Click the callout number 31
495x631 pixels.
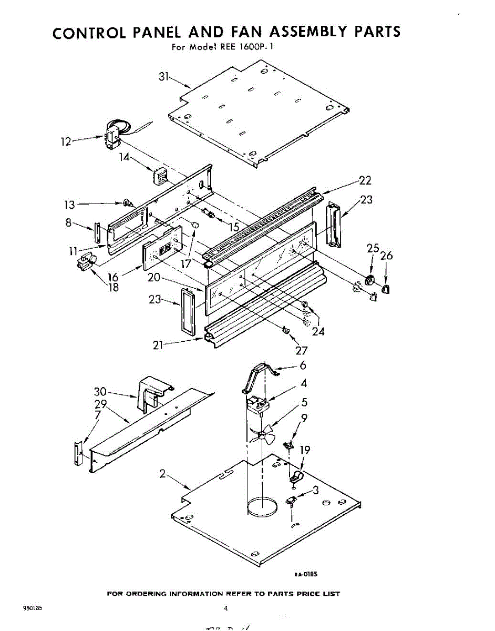point(164,77)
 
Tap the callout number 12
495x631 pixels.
point(66,141)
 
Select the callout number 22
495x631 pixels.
point(365,181)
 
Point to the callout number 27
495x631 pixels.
point(302,351)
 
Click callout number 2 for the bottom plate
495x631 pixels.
point(163,474)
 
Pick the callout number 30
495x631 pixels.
point(100,392)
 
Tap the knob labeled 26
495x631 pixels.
point(386,288)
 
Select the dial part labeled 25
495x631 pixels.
point(370,280)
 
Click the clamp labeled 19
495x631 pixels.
point(296,477)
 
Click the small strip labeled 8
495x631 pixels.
point(97,234)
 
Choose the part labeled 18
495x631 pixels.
point(85,261)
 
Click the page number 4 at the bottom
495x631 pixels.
point(226,609)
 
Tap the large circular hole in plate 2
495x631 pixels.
point(262,506)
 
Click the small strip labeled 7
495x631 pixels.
point(78,453)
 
